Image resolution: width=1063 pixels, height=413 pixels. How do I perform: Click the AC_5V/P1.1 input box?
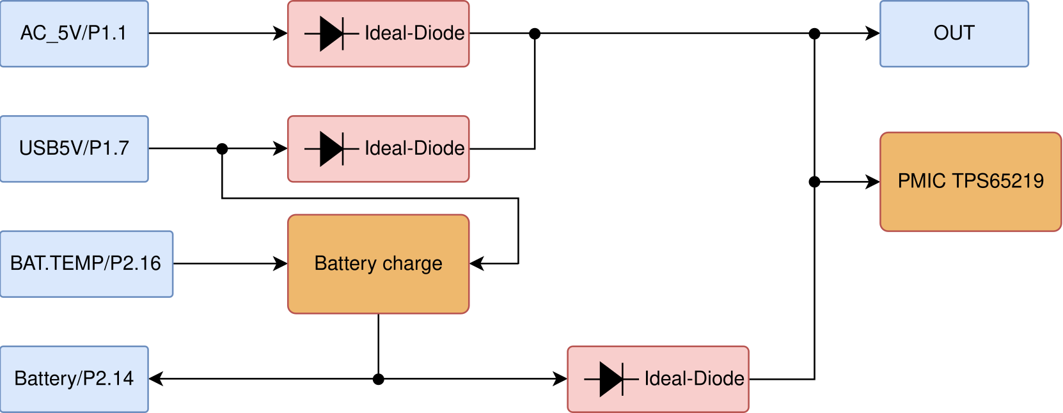click(x=74, y=33)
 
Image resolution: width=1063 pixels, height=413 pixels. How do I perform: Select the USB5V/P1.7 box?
click(x=74, y=148)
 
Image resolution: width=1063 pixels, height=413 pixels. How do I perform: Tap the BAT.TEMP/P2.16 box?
click(x=86, y=263)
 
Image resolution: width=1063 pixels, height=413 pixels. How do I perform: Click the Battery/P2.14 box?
click(x=74, y=378)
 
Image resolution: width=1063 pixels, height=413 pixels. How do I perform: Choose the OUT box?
click(x=954, y=33)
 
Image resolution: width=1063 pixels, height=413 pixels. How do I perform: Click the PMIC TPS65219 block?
click(x=970, y=182)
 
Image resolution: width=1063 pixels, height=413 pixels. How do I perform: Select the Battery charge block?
click(x=378, y=263)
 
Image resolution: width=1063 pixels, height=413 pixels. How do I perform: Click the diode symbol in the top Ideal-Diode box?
click(x=331, y=33)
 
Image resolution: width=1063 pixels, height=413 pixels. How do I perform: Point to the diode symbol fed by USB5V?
click(x=331, y=148)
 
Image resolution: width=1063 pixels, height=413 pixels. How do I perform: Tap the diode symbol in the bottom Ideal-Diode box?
click(x=611, y=378)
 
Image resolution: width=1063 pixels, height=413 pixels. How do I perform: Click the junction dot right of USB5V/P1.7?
click(x=222, y=148)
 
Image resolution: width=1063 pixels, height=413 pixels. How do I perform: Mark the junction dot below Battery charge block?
click(x=378, y=379)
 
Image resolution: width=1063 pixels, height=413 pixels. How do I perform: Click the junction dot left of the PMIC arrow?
click(x=814, y=182)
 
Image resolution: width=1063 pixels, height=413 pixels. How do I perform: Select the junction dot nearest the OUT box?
click(x=814, y=33)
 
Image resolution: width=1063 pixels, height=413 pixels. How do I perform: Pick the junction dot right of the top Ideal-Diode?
click(x=535, y=33)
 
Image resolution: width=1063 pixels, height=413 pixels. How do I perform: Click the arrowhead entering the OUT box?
click(x=872, y=33)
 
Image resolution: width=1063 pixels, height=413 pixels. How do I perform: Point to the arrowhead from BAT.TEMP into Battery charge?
click(x=280, y=263)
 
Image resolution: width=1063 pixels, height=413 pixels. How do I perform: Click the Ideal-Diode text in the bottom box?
click(x=694, y=378)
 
